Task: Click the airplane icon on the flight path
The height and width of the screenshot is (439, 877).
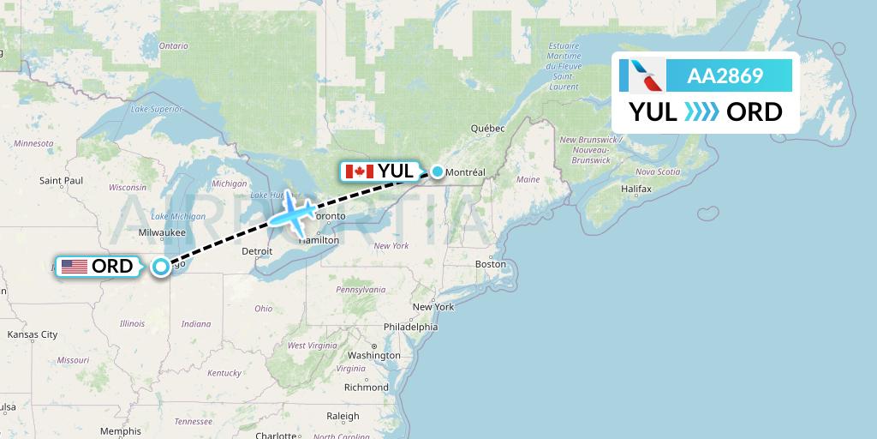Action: pos(294,213)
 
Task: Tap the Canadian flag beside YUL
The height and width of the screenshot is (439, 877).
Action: pos(358,171)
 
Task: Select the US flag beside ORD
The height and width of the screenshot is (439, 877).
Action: pos(75,267)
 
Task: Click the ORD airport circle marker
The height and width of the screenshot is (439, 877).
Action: pos(161,268)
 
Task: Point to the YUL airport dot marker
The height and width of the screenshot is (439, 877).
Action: pos(438,171)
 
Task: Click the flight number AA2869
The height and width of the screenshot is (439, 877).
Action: pos(725,76)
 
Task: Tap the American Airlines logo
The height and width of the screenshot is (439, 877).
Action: pos(647,76)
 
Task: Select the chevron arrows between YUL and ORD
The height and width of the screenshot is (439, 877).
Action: pos(702,112)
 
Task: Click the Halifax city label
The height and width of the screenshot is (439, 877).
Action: pos(636,187)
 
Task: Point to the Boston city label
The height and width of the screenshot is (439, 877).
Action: pos(491,264)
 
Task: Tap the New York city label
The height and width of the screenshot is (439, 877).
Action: pos(433,306)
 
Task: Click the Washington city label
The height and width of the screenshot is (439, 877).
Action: pos(374,355)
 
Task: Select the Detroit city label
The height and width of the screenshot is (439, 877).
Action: pos(258,251)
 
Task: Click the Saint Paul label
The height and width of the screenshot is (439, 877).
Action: pos(61,180)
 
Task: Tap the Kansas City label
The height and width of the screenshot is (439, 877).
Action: pos(33,334)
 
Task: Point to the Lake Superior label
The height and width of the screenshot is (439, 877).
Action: pos(157,109)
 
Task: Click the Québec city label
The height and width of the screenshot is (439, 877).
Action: pos(487,128)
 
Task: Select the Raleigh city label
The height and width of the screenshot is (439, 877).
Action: pos(343,417)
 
